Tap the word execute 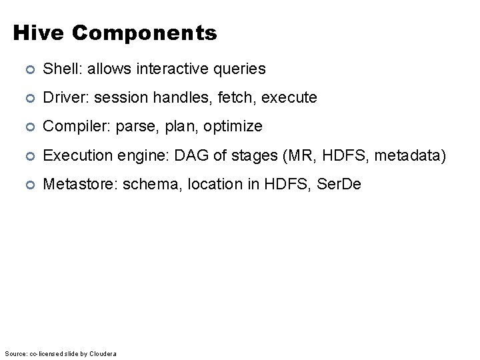(289, 98)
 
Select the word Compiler (71, 127)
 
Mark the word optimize (233, 127)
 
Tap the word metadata (407, 155)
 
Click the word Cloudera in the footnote (102, 353)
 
